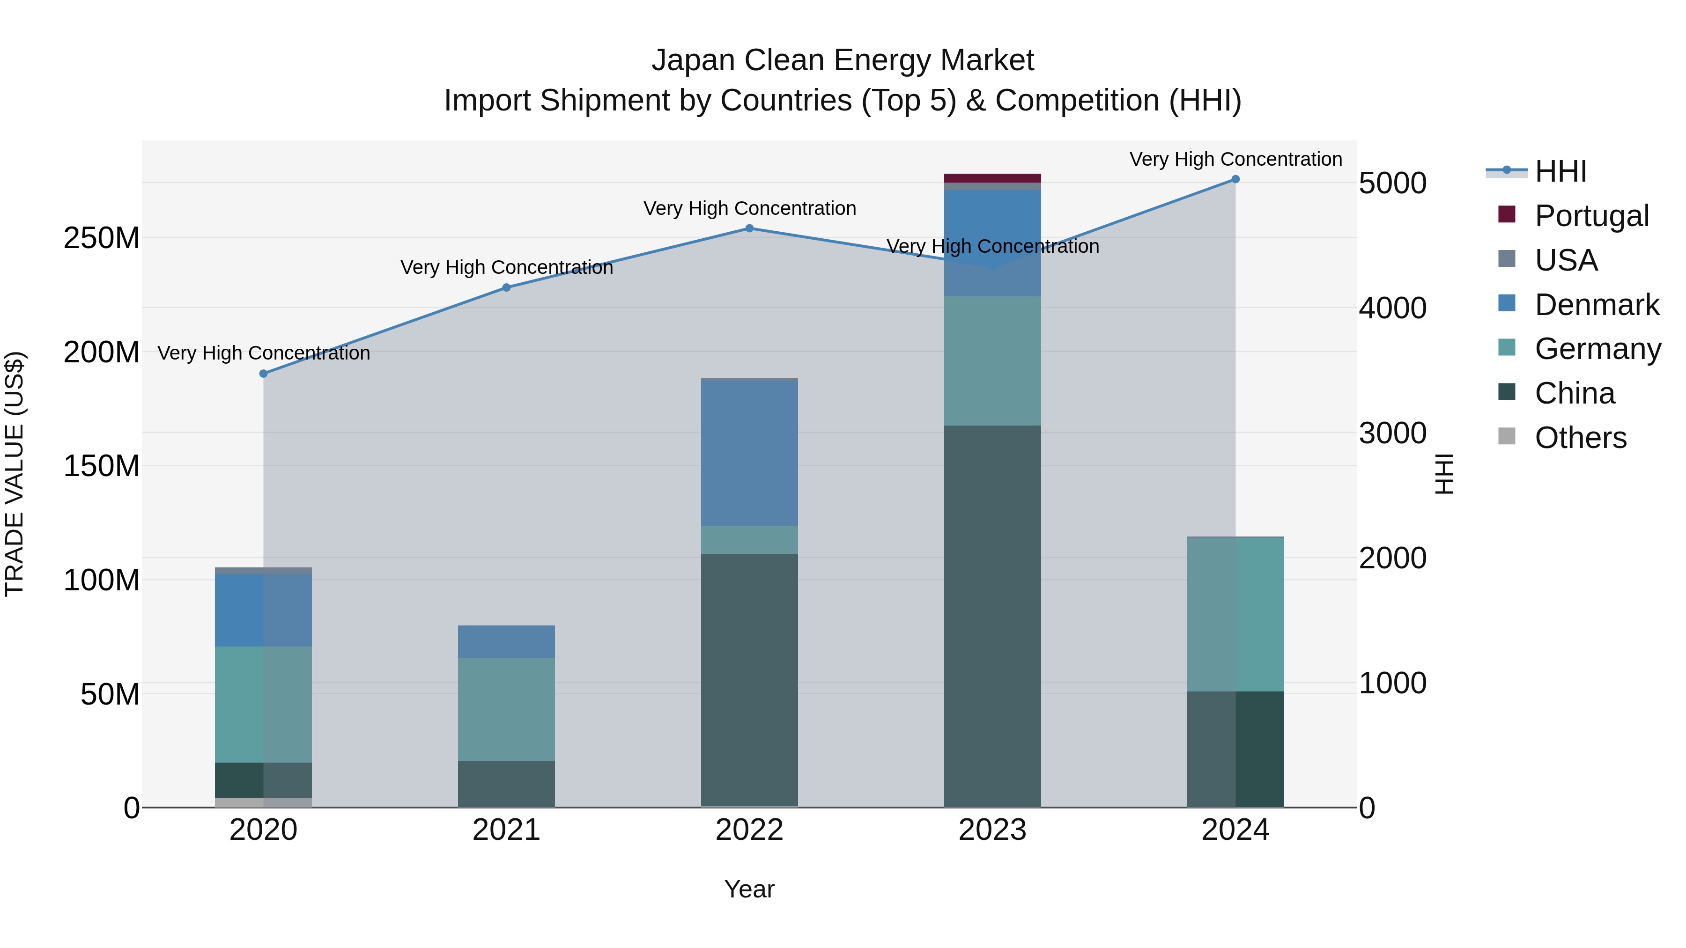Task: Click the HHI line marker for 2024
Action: click(1235, 179)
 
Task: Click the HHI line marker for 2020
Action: click(263, 374)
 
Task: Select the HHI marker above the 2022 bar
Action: click(749, 228)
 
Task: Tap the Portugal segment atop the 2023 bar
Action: click(992, 178)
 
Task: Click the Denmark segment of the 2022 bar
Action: click(749, 453)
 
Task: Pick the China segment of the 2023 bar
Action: click(992, 615)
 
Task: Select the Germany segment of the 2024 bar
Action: click(1235, 614)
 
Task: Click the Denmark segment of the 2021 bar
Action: click(506, 641)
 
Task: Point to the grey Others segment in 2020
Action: click(263, 802)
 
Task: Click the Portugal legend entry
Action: click(1590, 215)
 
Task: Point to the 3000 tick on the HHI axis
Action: click(1393, 433)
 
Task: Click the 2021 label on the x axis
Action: click(506, 830)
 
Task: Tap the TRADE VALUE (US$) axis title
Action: click(15, 474)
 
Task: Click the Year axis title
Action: click(749, 889)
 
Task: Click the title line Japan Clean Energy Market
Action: click(843, 60)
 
